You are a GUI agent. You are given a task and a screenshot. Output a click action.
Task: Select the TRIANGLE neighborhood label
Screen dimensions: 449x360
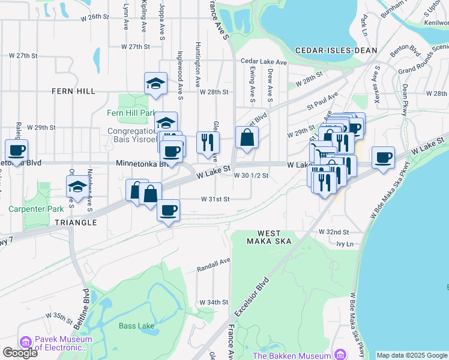click(x=76, y=223)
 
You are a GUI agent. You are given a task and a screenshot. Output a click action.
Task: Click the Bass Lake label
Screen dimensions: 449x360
click(x=133, y=326)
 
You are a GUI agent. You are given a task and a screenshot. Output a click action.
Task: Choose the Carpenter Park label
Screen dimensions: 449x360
click(x=28, y=209)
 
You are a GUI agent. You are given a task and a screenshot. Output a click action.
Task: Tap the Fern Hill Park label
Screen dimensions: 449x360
click(x=131, y=113)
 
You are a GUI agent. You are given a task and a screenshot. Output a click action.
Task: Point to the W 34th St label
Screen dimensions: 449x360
click(x=214, y=302)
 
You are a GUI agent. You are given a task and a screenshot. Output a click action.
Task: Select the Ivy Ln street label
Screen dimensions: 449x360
click(x=345, y=244)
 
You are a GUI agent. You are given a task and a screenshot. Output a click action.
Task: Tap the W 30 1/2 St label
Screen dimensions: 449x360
click(x=251, y=176)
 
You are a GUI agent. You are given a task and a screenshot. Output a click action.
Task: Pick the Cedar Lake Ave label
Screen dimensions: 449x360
click(x=264, y=61)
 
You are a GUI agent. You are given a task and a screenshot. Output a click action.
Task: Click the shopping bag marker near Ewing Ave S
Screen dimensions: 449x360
click(x=247, y=139)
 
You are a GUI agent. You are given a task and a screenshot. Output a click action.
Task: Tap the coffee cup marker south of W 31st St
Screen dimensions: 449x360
click(x=168, y=211)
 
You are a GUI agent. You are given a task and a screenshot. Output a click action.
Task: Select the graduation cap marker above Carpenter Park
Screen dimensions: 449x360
click(x=77, y=186)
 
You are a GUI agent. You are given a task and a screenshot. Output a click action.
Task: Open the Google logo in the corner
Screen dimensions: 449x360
click(x=20, y=353)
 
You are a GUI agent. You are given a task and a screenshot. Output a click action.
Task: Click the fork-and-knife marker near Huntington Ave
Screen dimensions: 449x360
click(x=208, y=142)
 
